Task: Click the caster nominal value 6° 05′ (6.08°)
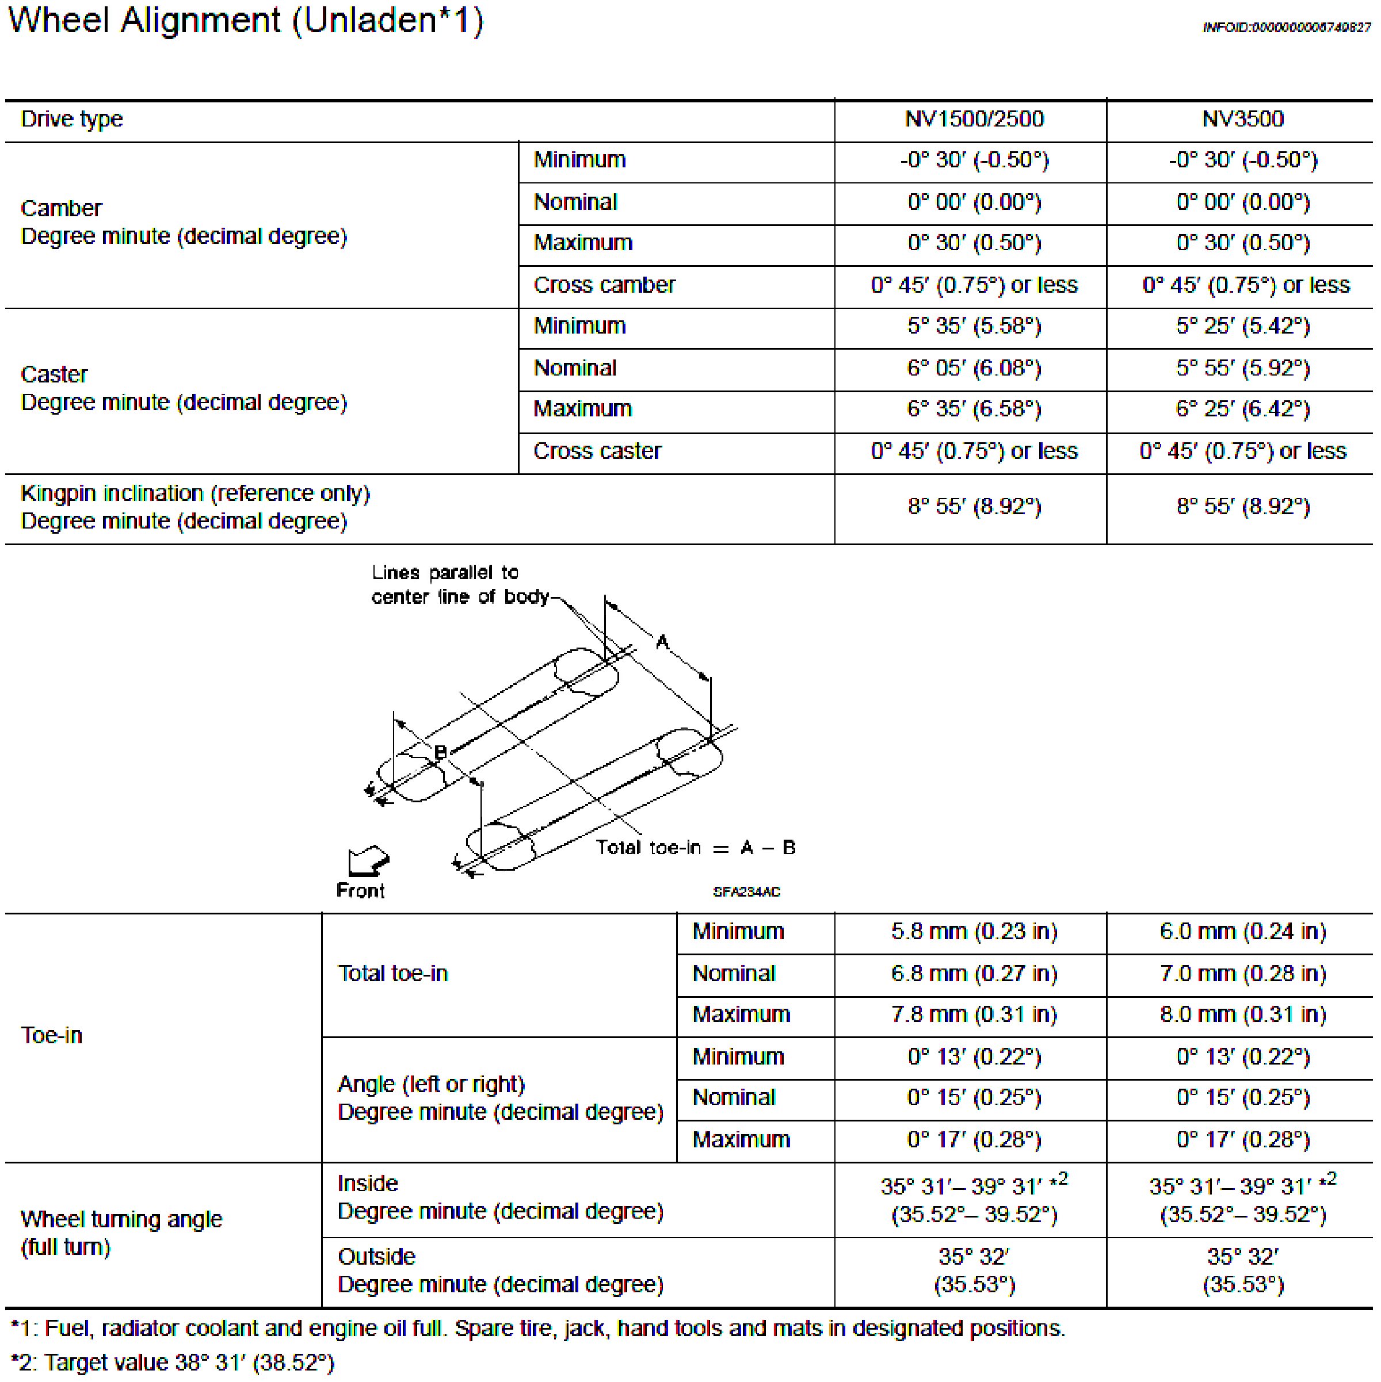point(973,369)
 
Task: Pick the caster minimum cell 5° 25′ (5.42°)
point(1242,326)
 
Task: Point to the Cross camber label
point(604,285)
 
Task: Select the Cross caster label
point(597,451)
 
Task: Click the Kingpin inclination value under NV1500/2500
point(973,507)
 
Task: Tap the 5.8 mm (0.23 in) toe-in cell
point(973,931)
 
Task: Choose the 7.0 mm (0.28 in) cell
point(1242,974)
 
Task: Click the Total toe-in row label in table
point(392,974)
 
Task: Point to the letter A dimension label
point(663,642)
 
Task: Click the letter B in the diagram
point(441,752)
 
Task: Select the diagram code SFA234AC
point(746,892)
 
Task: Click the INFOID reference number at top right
point(1287,27)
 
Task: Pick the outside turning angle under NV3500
point(1242,1271)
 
